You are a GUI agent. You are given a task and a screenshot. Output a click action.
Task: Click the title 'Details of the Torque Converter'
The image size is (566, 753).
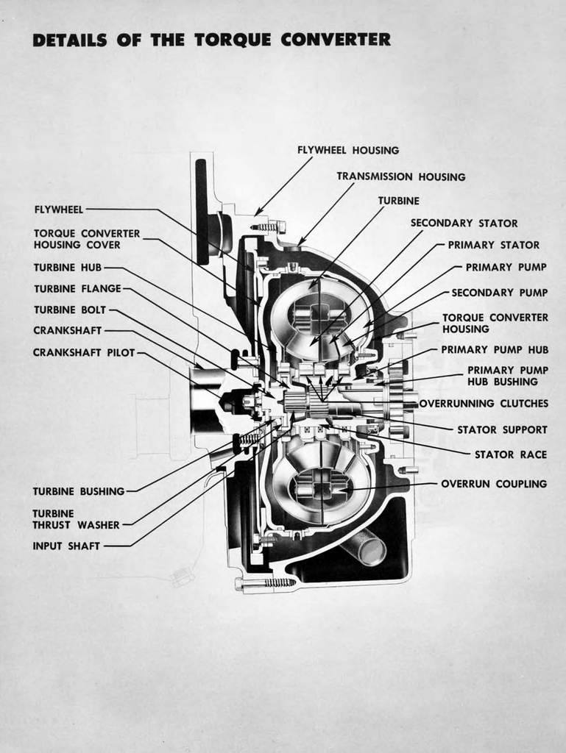click(x=211, y=40)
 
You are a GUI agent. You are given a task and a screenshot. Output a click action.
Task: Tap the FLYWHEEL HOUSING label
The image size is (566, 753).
click(x=347, y=150)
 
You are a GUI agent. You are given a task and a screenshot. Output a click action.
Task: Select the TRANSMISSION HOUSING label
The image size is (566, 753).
click(x=400, y=176)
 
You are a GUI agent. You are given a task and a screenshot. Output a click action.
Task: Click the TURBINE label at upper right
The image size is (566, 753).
click(x=398, y=200)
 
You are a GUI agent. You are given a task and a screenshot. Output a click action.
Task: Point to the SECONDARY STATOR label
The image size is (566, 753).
click(x=464, y=223)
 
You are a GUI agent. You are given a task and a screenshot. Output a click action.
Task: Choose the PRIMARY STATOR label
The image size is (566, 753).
click(x=493, y=245)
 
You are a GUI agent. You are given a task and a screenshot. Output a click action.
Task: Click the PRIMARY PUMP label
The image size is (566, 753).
click(x=506, y=268)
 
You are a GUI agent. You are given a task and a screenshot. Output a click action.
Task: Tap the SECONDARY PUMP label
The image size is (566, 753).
click(x=499, y=293)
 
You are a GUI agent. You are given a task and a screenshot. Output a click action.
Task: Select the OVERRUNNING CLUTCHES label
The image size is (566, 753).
click(x=484, y=404)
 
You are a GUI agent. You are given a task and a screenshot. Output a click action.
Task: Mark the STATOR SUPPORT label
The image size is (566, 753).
click(x=502, y=429)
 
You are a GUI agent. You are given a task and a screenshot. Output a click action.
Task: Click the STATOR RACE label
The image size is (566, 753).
click(x=510, y=454)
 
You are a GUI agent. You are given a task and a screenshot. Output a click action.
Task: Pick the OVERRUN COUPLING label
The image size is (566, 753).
click(x=494, y=484)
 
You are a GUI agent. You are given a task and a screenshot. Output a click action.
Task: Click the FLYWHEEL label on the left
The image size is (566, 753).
click(x=59, y=210)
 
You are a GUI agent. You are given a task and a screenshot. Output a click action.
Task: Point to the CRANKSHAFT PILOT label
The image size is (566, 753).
click(x=84, y=353)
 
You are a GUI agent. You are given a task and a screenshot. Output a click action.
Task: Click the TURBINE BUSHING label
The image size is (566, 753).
click(x=78, y=491)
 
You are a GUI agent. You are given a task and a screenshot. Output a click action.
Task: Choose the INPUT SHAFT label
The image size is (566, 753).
click(x=66, y=546)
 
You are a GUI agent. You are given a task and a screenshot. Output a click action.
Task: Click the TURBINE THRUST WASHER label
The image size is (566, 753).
click(x=75, y=519)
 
